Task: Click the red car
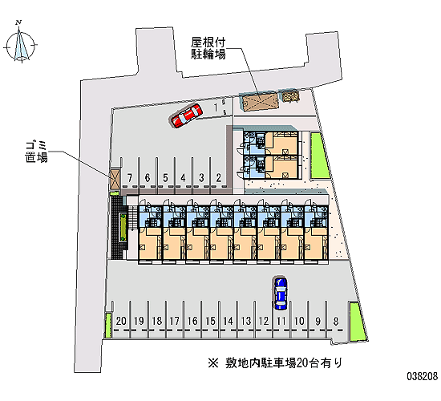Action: tap(187, 115)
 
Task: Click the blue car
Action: tap(281, 294)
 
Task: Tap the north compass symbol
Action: tap(20, 43)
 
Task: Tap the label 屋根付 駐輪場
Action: tap(208, 48)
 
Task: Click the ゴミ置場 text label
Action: tap(37, 152)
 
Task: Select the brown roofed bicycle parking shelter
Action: tap(259, 100)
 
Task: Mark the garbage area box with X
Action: tap(115, 179)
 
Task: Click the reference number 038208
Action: tap(422, 376)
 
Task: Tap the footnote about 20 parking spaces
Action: tap(275, 363)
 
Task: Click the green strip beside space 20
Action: tap(108, 326)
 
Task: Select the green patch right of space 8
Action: tap(357, 322)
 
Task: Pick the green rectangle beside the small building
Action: tap(320, 156)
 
